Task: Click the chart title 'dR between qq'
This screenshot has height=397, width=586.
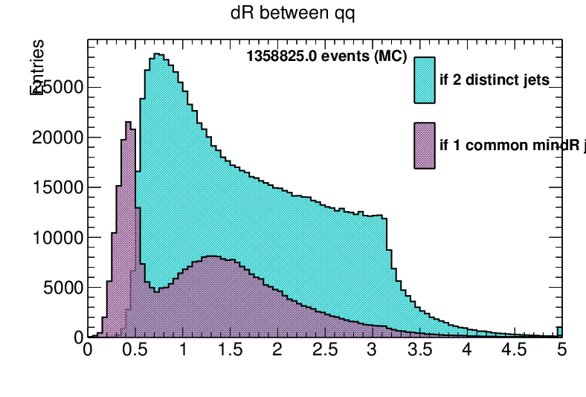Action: coord(293,14)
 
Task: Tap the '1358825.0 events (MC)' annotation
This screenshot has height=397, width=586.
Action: coord(327,57)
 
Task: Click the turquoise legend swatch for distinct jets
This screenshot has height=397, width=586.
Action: coord(425,80)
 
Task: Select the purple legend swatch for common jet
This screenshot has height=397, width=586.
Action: coord(425,145)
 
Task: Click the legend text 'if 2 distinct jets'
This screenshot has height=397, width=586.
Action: coord(495,80)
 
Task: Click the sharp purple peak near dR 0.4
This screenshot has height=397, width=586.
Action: coord(128,123)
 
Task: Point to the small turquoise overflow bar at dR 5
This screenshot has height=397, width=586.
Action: coord(560,332)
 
